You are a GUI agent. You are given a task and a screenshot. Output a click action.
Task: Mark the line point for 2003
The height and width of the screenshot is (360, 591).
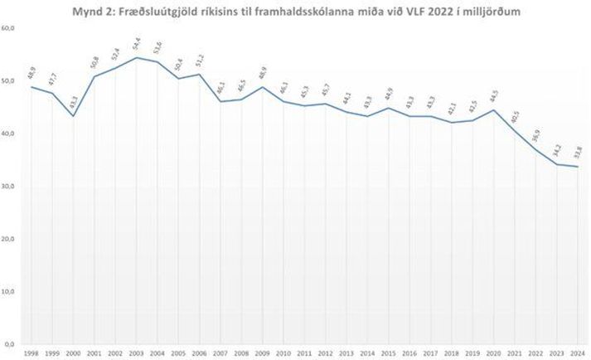point(137,58)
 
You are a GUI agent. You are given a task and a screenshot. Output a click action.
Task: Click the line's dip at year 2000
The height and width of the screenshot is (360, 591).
point(74,116)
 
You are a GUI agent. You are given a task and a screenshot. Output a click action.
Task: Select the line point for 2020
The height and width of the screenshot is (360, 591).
point(493,110)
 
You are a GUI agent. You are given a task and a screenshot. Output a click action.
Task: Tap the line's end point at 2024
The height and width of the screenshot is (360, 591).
point(577,167)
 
